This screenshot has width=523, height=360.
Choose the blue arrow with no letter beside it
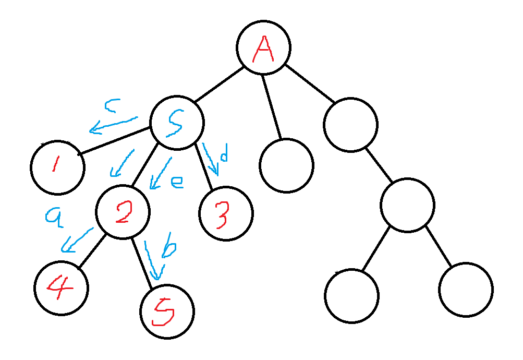122,163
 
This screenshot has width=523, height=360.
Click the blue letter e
177,182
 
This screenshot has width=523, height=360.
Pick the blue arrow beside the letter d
210,159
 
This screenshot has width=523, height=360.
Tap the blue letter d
224,154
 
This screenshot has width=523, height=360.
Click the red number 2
124,213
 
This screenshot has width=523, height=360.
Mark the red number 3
222,215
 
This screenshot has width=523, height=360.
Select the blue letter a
54,217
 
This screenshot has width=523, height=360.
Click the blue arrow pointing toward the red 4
77,240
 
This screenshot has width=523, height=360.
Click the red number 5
163,313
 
